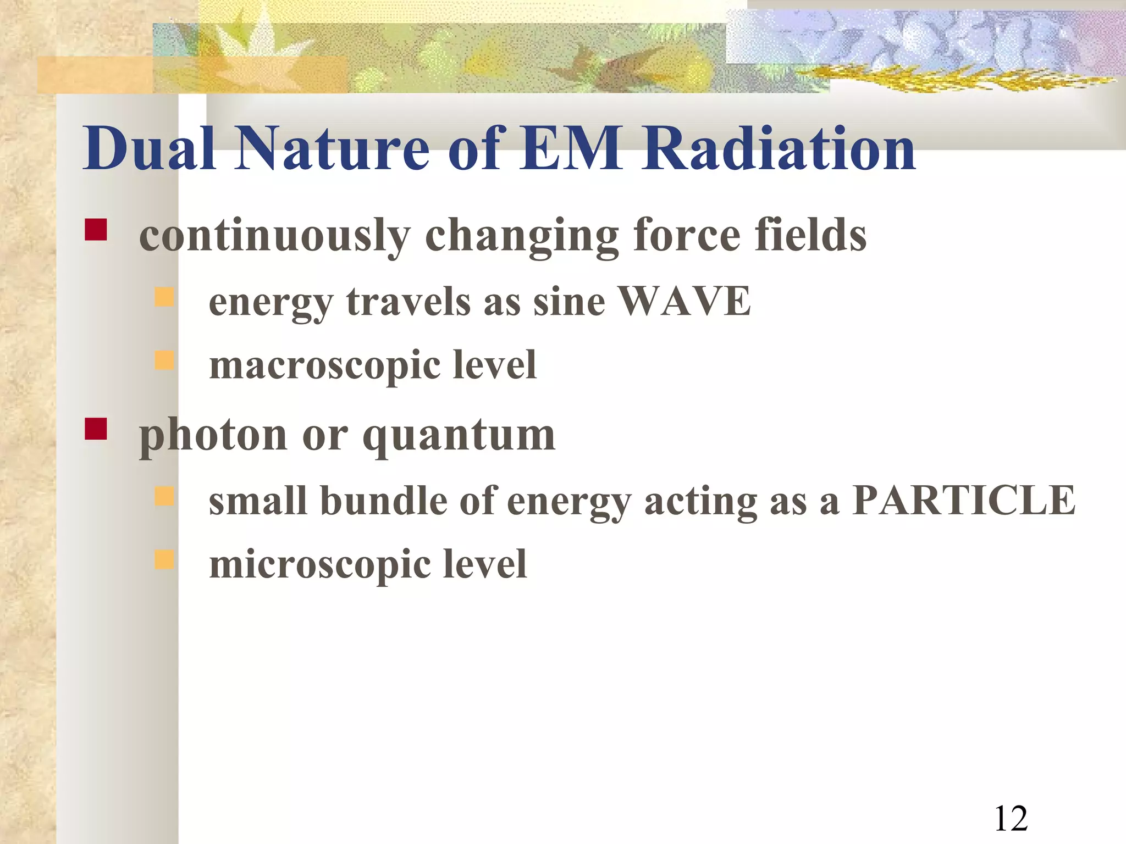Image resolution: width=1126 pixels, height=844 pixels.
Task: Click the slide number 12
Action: (x=1011, y=819)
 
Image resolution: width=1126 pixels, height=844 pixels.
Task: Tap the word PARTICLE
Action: (x=963, y=501)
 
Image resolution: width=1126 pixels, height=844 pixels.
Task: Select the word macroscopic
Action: (x=325, y=366)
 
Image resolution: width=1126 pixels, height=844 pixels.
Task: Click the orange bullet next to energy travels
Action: (x=164, y=297)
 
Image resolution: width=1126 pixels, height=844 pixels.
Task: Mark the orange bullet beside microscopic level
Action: (x=164, y=559)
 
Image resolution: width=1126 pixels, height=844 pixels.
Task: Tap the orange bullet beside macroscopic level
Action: (x=164, y=360)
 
